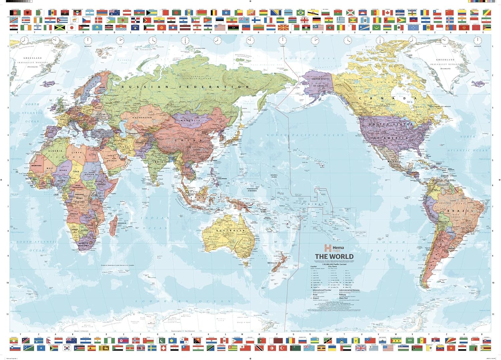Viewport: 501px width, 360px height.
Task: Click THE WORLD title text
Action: coord(334,256)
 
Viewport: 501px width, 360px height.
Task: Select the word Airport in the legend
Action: coord(316,298)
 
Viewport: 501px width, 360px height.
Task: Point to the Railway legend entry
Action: coord(343,295)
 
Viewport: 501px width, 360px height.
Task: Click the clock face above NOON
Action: coord(283,40)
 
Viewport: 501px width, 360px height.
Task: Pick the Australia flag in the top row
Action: coord(114,12)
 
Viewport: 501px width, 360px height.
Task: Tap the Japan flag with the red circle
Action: coord(72,27)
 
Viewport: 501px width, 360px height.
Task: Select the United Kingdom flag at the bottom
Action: coord(361,348)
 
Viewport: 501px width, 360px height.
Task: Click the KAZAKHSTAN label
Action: coord(142,118)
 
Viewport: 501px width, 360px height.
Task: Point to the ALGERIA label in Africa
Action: coord(55,151)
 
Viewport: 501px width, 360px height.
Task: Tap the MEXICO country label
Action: coord(394,161)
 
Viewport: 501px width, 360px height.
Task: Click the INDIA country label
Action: coord(159,162)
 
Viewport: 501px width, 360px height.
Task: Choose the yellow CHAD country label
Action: coord(76,171)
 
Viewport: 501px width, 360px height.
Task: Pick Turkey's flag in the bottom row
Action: coord(283,348)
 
